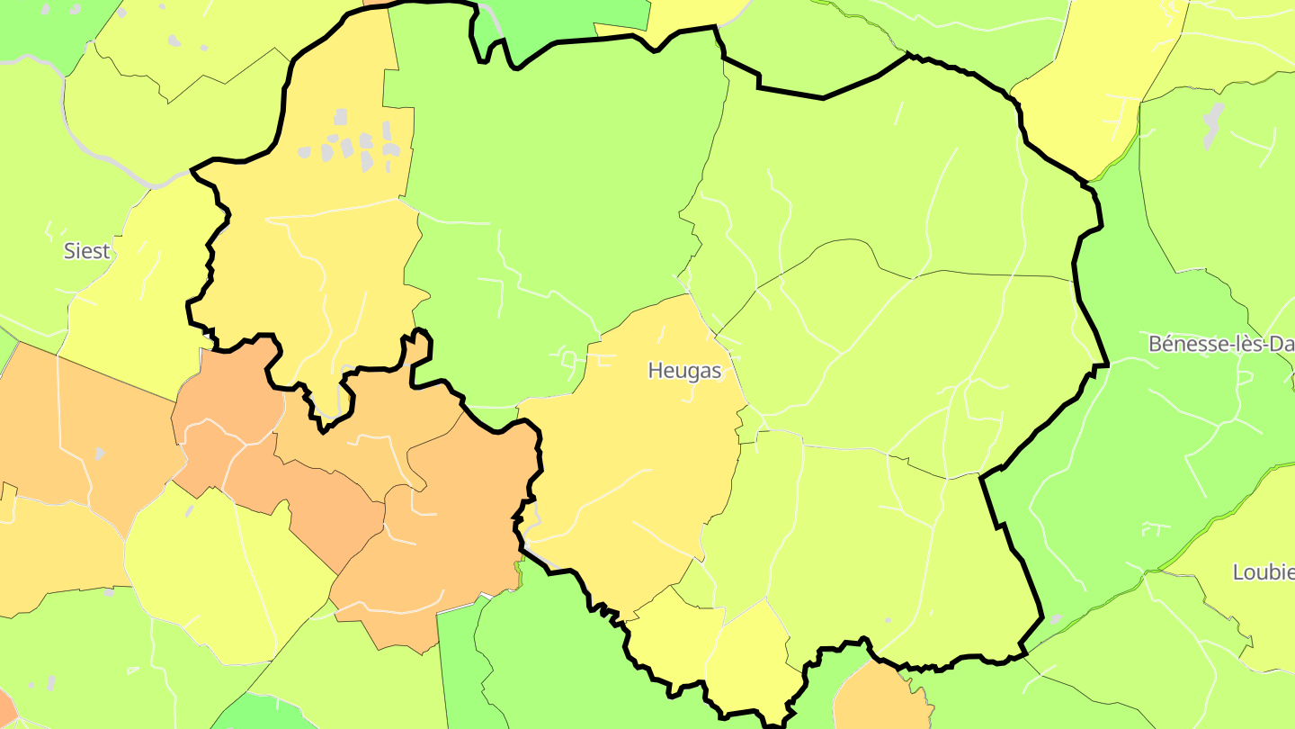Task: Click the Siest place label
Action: (86, 251)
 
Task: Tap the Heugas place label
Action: (684, 371)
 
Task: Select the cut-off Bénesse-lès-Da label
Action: (1221, 344)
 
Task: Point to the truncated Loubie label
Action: (1263, 571)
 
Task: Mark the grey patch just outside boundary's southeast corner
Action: (1054, 620)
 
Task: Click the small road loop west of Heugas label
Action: (568, 360)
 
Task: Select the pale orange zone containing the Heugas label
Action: (630, 450)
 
